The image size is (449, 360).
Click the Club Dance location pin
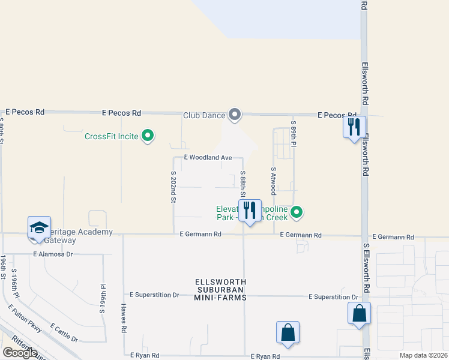pos(235,114)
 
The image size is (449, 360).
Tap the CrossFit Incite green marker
pos(148,136)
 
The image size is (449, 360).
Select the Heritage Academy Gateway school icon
pos(39,229)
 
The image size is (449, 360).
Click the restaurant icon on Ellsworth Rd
pos(354,127)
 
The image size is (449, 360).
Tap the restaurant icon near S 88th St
pos(250,211)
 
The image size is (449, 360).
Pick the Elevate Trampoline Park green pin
pos(297,212)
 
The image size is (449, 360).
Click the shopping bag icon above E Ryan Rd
pos(288,332)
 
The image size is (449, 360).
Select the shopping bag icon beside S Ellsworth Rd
pos(359,313)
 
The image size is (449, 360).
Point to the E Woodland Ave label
pos(208,157)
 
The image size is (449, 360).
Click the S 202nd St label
pos(173,187)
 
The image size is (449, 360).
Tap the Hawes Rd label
pos(123,319)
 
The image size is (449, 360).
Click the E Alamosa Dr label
pos(53,254)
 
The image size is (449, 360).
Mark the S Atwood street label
pos(273,181)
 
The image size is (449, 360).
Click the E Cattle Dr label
pos(64,332)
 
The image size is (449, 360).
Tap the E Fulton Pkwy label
pos(25,319)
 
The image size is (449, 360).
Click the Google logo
pos(20,353)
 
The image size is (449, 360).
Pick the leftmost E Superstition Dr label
pos(155,295)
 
